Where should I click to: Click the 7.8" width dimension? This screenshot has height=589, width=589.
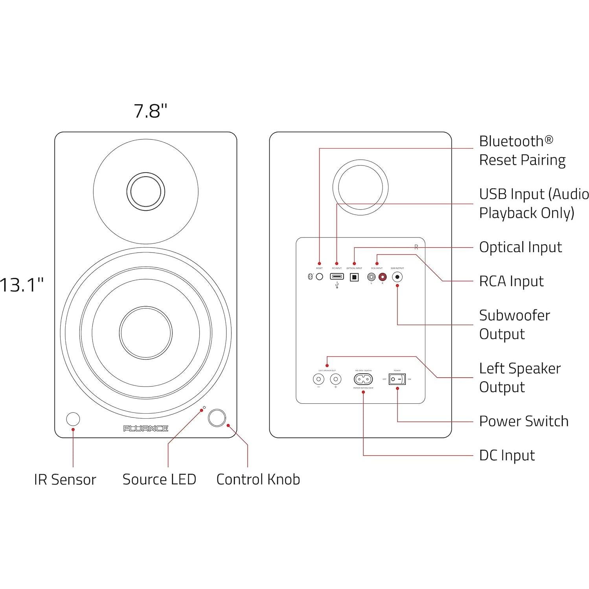[x=150, y=111]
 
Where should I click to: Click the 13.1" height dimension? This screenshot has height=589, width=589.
[x=22, y=284]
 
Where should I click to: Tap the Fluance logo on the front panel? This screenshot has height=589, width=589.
[x=145, y=428]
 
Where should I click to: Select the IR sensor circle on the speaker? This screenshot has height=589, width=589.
[x=73, y=419]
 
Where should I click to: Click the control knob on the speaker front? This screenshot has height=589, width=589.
[x=217, y=418]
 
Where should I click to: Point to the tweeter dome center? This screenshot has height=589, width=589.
[x=145, y=192]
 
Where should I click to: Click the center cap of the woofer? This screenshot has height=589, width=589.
[x=145, y=333]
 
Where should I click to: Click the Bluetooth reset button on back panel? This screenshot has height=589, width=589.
[x=319, y=277]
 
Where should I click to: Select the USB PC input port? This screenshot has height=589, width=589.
[x=337, y=276]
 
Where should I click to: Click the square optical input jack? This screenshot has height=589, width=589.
[x=354, y=277]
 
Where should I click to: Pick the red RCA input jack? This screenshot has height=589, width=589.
[x=382, y=277]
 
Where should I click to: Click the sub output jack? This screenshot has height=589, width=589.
[x=397, y=277]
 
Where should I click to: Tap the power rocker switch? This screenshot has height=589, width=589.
[x=397, y=379]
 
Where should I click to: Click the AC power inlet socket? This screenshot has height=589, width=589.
[x=363, y=379]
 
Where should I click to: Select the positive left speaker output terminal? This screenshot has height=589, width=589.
[x=335, y=379]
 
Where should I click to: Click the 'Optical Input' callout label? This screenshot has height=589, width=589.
[x=520, y=247]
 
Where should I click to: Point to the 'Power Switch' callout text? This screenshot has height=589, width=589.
[x=523, y=421]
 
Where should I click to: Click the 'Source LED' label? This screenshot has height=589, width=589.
[x=159, y=479]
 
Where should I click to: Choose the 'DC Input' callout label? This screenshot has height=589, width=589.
[x=507, y=455]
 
